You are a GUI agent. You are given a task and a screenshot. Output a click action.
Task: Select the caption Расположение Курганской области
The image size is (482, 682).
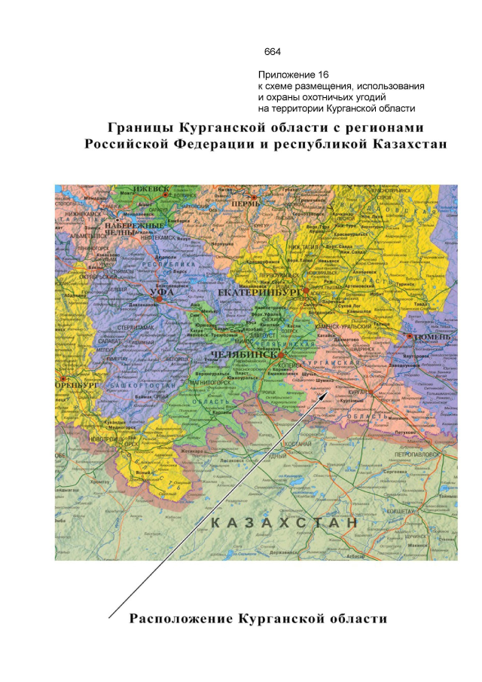pos(259,619)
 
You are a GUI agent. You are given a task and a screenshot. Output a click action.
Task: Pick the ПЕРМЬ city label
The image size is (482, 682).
pos(245,203)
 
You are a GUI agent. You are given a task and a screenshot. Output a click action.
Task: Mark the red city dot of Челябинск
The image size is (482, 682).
pos(280,353)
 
